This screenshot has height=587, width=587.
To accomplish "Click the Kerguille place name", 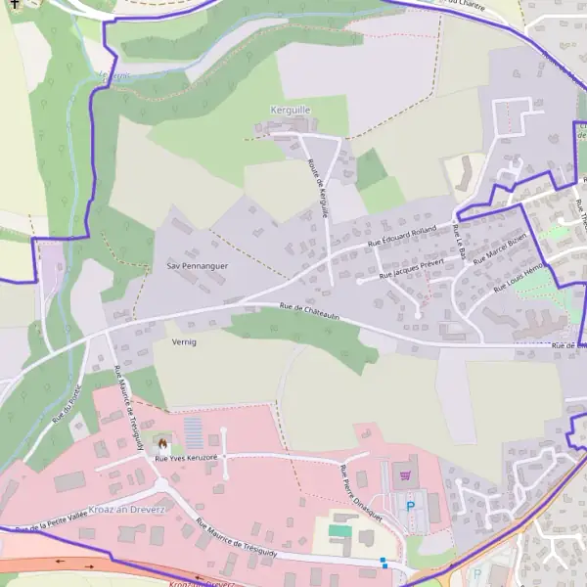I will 290,111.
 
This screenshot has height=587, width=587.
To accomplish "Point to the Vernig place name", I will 184,341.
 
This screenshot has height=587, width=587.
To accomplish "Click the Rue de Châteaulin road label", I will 309,310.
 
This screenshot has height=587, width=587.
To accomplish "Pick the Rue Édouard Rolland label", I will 401,236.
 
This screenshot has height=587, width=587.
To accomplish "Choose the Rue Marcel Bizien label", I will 500,249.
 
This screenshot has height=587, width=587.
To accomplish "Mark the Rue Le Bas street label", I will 459,241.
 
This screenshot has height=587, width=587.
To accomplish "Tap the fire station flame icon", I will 161,443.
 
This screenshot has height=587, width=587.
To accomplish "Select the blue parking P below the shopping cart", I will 411,506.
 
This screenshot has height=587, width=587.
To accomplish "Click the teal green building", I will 339,530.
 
